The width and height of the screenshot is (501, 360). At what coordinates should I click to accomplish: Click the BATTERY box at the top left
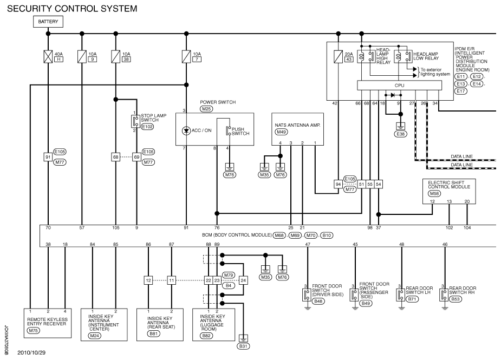[x=48, y=22]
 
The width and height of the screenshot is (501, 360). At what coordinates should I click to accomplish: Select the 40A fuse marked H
[x=49, y=56]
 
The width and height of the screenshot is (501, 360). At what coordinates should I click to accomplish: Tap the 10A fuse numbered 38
[x=116, y=56]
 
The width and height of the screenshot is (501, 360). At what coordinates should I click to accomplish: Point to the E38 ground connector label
[x=400, y=133]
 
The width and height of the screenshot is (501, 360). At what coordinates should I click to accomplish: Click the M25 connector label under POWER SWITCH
[x=206, y=109]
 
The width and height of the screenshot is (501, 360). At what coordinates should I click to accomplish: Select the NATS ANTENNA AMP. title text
[x=296, y=125]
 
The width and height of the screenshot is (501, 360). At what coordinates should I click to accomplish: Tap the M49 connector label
[x=282, y=132]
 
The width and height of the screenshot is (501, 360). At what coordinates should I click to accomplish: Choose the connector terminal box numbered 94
[x=339, y=184]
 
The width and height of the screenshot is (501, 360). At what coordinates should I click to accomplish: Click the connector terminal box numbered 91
[x=48, y=157]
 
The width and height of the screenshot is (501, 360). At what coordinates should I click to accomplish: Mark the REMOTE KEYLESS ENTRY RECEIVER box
[x=48, y=323]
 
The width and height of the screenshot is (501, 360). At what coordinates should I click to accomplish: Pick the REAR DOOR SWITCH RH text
[x=462, y=290]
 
